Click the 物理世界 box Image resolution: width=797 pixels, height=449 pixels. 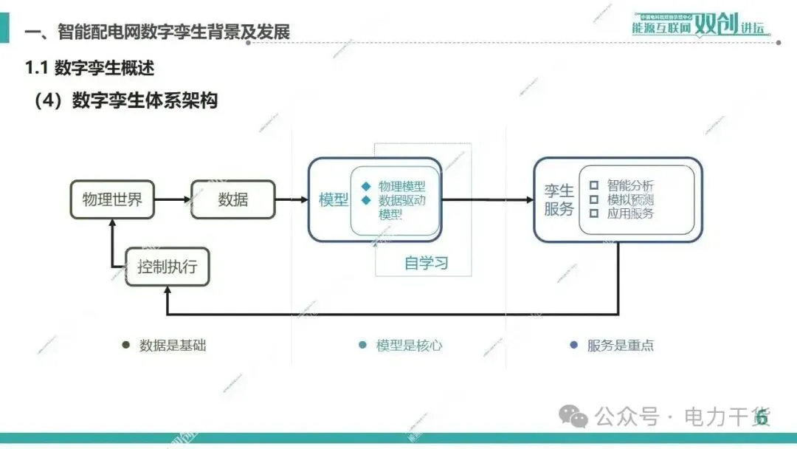[x=112, y=199]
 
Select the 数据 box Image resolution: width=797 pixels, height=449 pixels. [x=233, y=199]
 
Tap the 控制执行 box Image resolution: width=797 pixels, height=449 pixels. [x=168, y=266]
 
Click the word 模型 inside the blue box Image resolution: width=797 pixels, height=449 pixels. [x=333, y=200]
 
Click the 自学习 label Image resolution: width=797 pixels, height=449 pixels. [x=427, y=264]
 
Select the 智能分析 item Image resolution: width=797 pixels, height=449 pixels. [x=630, y=185]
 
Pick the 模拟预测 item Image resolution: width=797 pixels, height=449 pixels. [x=630, y=199]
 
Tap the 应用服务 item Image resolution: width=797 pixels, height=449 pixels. [x=630, y=213]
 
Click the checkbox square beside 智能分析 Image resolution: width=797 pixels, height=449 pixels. [x=593, y=185]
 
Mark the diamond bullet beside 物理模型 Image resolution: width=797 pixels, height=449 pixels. [x=365, y=186]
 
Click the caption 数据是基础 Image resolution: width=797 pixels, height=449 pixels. [x=173, y=345]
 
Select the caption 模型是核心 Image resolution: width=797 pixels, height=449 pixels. [x=410, y=345]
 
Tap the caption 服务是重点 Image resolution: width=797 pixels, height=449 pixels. [x=620, y=345]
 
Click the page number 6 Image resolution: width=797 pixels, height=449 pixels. [x=762, y=418]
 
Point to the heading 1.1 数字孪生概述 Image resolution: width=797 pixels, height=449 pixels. [x=90, y=68]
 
